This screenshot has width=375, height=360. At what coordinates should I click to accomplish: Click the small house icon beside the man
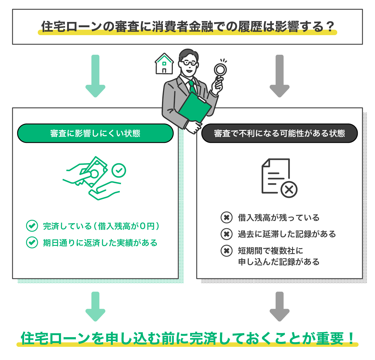pos(164,64)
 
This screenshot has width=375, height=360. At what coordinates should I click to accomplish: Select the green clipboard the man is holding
pos(195,107)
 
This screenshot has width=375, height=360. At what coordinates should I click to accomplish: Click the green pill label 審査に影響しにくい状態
pos(95,133)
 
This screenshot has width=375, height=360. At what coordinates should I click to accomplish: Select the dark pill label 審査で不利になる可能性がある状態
pos(279,133)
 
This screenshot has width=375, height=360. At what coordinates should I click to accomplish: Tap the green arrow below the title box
pos(95,76)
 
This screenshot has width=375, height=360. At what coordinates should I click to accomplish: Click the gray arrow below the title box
pos(279,76)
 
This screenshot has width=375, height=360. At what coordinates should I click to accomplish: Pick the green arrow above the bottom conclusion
pos(95,306)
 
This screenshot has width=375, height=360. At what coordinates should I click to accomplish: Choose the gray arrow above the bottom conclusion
pos(279,306)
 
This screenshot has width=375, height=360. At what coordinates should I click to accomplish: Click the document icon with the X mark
pos(279,178)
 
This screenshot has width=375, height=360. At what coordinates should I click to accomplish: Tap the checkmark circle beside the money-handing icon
pos(119,170)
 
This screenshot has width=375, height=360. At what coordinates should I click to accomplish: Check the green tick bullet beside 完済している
pos(32,226)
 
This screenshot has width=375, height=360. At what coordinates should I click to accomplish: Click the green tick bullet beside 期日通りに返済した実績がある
pos(32,242)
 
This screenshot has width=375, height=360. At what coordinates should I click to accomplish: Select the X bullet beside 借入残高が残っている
pos(226,217)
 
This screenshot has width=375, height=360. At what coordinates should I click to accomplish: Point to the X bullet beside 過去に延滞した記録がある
pos(226,234)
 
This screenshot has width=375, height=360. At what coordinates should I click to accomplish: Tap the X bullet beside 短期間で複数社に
pos(226,251)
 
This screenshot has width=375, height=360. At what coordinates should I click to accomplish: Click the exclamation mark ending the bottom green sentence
pos(352,338)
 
